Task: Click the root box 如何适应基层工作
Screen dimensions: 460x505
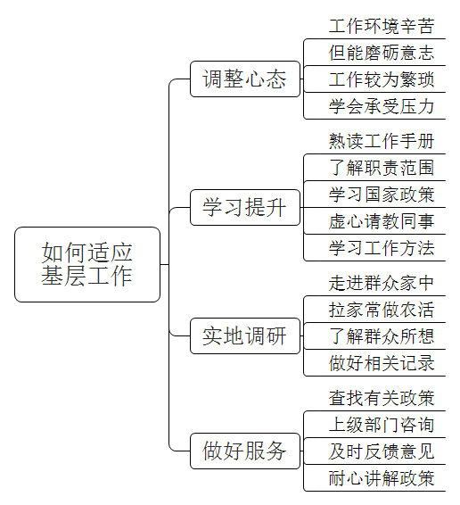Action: tap(87, 264)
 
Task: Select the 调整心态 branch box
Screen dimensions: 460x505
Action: tap(245, 79)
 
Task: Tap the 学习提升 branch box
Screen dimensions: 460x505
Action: tap(245, 207)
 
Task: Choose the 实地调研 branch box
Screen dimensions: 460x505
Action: tap(245, 335)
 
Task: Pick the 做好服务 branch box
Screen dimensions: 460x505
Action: tap(245, 451)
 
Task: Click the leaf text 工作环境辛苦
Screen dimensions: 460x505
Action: tap(382, 26)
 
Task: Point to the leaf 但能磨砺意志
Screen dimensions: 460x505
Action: tap(382, 53)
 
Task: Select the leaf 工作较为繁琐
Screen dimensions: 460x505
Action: tap(382, 79)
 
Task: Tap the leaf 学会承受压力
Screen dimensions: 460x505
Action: tap(382, 106)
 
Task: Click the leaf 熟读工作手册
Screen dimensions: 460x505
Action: tap(382, 141)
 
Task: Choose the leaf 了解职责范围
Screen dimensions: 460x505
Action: tap(382, 168)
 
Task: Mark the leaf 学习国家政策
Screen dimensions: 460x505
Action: tap(382, 195)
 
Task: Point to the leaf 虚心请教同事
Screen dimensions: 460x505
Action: tap(382, 221)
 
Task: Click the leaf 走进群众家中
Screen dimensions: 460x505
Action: tap(382, 283)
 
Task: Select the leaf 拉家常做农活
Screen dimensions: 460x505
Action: tap(382, 310)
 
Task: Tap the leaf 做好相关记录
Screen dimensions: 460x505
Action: tap(382, 363)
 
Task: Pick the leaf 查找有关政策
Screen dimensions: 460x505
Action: tap(382, 398)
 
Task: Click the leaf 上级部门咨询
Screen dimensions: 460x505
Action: tap(382, 425)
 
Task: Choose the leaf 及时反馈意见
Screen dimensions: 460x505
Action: tap(382, 451)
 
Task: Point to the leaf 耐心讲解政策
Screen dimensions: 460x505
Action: tap(382, 478)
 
